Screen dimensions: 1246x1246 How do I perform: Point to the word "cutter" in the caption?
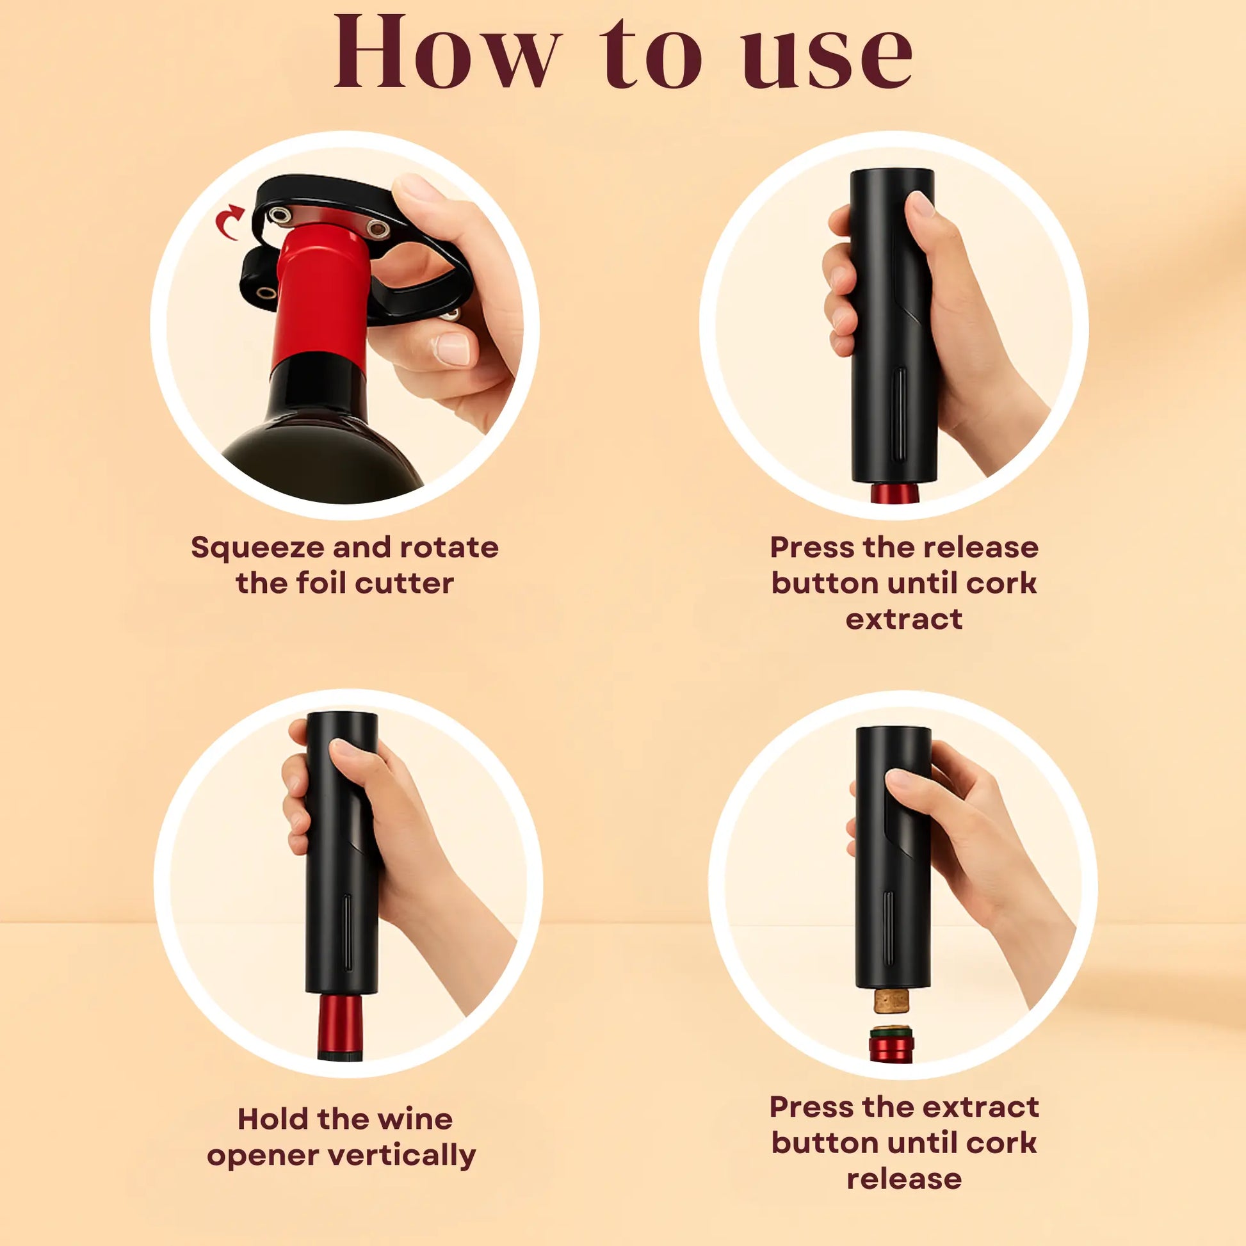405,584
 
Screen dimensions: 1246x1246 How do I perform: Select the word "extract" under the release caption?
903,620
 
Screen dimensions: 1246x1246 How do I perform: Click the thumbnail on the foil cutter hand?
453,350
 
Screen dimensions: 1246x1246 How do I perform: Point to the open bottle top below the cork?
891,1044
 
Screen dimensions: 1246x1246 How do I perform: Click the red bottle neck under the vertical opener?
340,1027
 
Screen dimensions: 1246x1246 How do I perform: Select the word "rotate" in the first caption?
449,547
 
